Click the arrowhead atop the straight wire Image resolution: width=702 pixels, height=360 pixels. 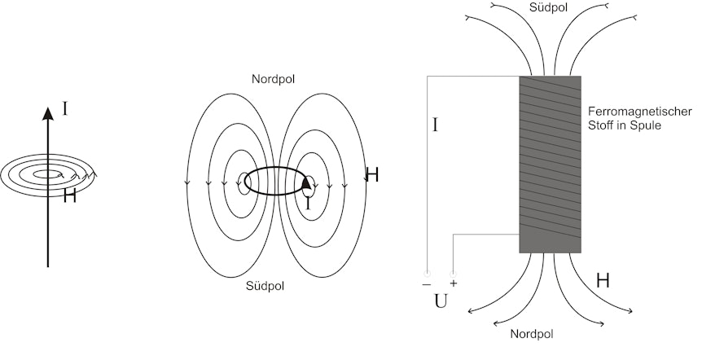[x=48, y=114]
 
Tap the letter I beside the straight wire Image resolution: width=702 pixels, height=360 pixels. [x=64, y=109]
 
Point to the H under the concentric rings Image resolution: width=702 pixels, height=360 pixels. [x=69, y=195]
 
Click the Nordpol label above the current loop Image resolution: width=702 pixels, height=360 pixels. [x=273, y=79]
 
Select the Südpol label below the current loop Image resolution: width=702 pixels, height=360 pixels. [x=265, y=286]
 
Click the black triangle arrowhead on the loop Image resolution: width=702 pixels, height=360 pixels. [x=305, y=182]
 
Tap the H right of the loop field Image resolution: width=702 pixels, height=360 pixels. [x=372, y=175]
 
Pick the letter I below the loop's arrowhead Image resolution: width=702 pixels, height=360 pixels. [x=308, y=204]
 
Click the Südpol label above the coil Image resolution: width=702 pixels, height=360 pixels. [x=548, y=7]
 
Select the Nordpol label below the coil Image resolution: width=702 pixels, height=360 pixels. [x=532, y=334]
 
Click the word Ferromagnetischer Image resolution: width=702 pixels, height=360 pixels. [x=640, y=111]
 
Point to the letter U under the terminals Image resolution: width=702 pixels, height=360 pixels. [x=441, y=302]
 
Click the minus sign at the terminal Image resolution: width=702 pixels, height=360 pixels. [x=427, y=284]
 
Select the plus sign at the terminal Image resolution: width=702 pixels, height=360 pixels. [x=454, y=283]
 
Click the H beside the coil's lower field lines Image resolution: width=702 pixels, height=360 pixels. [x=603, y=280]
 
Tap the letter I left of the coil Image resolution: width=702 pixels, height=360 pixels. [x=435, y=125]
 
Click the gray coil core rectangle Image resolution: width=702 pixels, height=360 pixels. [x=551, y=165]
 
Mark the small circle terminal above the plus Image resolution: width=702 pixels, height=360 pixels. [x=453, y=274]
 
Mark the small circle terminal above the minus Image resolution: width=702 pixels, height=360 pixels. [x=427, y=274]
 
